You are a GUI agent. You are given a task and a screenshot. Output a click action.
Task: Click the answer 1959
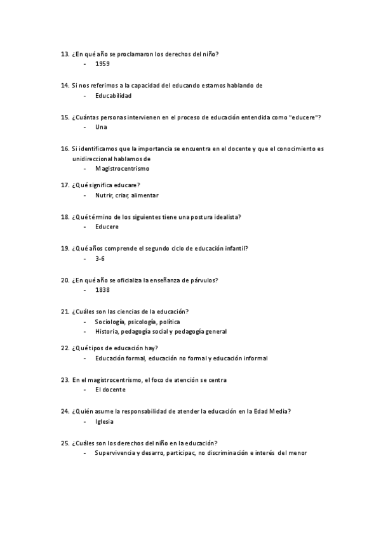click(102, 65)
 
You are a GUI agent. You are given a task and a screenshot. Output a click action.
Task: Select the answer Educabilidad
click(113, 96)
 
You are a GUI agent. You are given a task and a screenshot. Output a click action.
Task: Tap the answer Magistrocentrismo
click(122, 169)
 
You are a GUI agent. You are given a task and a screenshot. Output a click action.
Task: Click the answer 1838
click(102, 290)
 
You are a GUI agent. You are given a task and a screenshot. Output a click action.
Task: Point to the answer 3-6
click(100, 259)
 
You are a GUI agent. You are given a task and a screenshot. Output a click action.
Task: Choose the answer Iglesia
click(105, 421)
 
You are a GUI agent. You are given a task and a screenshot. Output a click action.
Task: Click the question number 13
click(64, 54)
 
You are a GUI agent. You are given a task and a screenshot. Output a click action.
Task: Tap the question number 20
click(64, 280)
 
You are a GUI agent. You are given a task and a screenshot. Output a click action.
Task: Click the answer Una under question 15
click(101, 127)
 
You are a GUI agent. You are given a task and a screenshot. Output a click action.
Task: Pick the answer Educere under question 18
click(107, 226)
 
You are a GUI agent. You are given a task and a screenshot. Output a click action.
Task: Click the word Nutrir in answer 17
click(104, 195)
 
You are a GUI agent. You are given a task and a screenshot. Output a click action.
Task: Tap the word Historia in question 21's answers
click(107, 331)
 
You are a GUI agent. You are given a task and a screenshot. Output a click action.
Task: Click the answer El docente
click(110, 390)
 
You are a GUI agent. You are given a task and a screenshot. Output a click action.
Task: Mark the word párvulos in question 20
click(204, 280)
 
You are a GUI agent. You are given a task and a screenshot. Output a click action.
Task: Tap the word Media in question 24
click(281, 411)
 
